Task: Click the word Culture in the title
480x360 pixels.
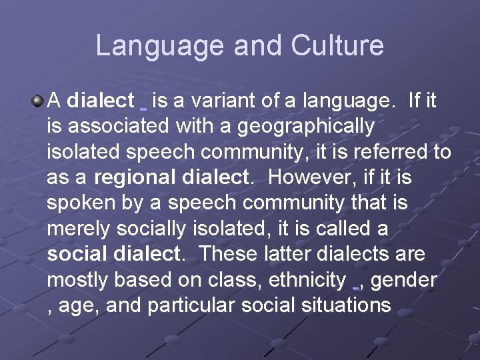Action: pos(337,45)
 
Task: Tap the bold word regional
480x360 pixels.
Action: pos(135,178)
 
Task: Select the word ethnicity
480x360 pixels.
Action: pos(307,280)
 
